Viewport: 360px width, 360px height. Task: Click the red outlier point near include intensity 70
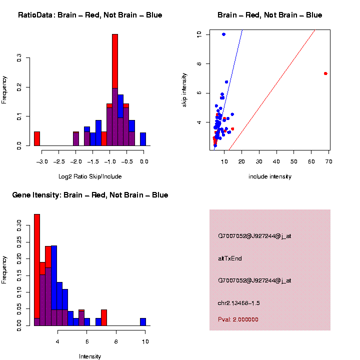325,73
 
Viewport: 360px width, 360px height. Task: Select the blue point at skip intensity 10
223,34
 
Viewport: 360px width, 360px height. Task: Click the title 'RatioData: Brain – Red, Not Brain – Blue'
90,15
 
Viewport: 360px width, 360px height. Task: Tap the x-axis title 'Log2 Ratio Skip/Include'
90,176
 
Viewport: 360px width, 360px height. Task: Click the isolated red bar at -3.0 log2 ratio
37,138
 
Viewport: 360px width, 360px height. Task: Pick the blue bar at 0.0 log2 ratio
143,139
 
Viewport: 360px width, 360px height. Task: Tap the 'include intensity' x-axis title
270,176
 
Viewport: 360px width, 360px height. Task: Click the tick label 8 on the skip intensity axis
199,64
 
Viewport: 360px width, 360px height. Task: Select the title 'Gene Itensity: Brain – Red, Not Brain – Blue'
90,195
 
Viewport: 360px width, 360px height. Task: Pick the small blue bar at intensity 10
143,322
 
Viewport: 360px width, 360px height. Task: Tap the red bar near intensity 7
104,317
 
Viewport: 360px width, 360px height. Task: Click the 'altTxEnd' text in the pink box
230,258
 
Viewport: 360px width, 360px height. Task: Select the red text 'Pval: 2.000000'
238,319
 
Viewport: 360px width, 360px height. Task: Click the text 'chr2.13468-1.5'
239,303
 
